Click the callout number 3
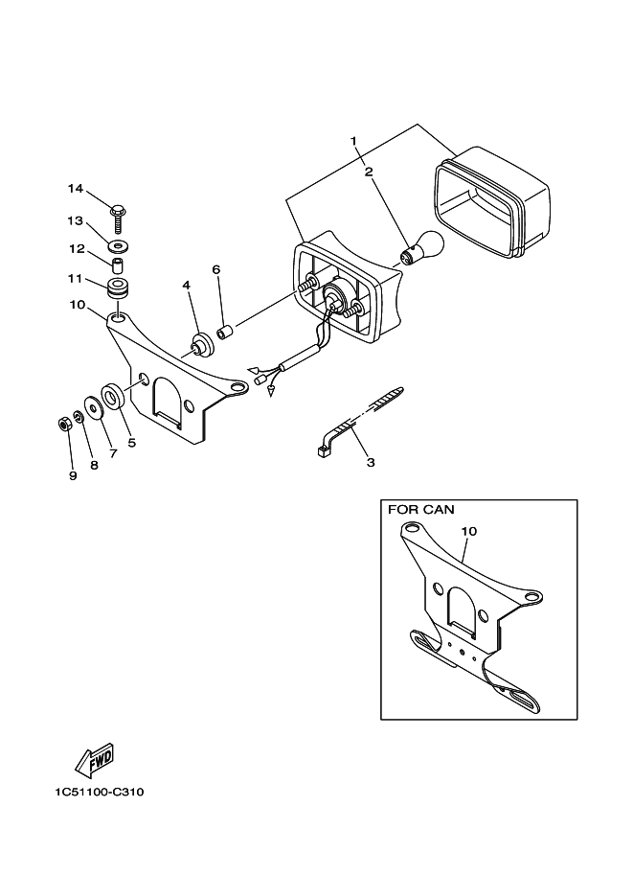370,462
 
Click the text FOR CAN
420,510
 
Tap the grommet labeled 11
119,288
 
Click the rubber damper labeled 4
202,342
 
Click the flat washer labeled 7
94,407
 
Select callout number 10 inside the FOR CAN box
468,531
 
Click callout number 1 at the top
352,142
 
